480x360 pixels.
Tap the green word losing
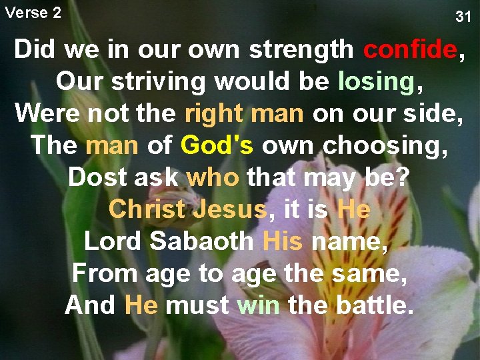point(376,81)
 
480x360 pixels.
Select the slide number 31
point(463,17)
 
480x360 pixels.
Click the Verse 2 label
point(33,12)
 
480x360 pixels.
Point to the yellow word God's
point(217,145)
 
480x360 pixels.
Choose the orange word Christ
point(147,209)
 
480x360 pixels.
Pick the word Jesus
point(230,209)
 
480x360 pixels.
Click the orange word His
point(283,241)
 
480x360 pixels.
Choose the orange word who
point(213,177)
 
